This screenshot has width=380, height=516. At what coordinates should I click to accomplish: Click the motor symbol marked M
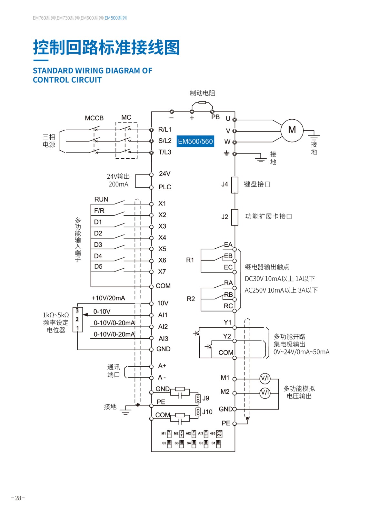click(292, 130)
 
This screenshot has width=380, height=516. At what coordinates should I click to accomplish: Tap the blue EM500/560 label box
click(195, 141)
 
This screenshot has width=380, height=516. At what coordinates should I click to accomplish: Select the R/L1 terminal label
click(165, 130)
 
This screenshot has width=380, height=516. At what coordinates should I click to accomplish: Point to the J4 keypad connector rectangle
click(235, 185)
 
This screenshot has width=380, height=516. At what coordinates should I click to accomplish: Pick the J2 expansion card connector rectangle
click(235, 217)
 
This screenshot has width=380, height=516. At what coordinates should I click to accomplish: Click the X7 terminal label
click(162, 272)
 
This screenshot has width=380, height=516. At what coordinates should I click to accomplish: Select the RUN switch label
click(101, 200)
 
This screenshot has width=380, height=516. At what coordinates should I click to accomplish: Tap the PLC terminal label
click(165, 187)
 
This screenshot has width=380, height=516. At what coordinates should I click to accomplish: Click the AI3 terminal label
click(163, 339)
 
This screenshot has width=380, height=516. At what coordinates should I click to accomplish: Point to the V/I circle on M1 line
click(265, 379)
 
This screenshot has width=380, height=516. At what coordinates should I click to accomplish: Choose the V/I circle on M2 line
click(265, 393)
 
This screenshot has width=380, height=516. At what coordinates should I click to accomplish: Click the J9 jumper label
click(206, 398)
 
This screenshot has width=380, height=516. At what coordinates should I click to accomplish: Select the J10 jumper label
click(207, 412)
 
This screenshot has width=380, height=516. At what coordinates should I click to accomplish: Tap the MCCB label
click(94, 118)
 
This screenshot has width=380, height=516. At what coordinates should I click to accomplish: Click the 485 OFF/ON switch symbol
click(219, 433)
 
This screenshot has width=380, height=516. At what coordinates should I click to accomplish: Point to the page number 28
click(18, 498)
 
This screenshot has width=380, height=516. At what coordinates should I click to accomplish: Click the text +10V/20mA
click(108, 298)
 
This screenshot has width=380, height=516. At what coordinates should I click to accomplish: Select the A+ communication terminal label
click(162, 366)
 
